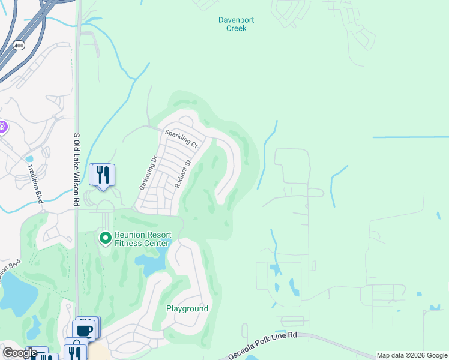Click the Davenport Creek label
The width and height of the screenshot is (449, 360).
point(236,24)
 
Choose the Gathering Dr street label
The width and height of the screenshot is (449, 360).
point(148,173)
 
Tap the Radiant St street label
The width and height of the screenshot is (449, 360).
point(183,174)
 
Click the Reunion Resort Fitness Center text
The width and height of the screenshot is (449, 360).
point(143,239)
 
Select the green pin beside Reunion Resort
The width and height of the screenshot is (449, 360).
point(106,239)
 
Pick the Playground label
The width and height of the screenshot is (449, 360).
point(187,309)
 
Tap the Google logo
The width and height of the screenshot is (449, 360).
point(20,353)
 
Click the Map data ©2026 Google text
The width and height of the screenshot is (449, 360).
point(412,355)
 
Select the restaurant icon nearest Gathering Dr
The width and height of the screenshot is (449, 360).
point(103,175)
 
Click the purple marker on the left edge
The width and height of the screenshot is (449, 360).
point(2,127)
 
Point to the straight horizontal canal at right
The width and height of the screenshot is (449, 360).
point(410,137)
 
